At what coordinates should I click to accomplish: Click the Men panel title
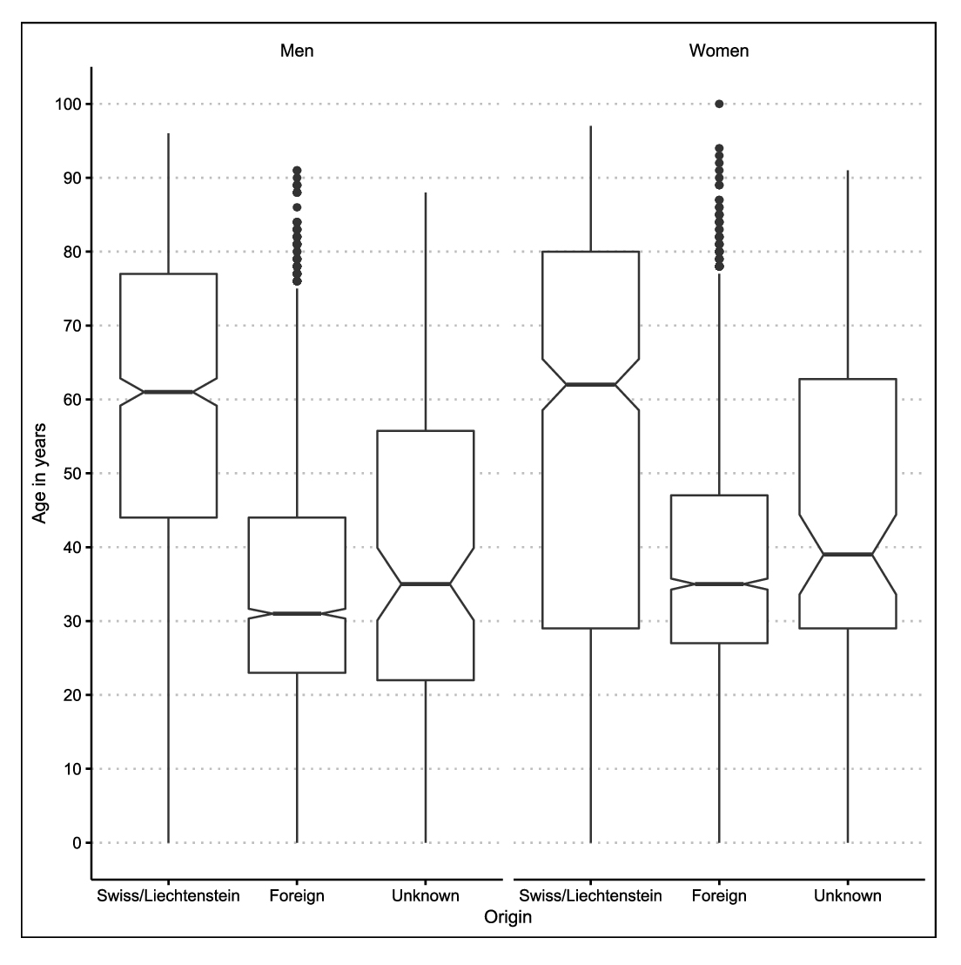click(297, 51)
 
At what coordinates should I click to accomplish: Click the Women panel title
click(719, 51)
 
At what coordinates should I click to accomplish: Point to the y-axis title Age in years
click(39, 473)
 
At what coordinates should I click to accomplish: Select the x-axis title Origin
click(508, 917)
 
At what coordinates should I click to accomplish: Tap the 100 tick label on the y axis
click(70, 105)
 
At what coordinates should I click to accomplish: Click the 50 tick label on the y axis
click(73, 474)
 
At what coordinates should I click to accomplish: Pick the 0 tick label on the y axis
click(77, 843)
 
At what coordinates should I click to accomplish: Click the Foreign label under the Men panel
click(297, 896)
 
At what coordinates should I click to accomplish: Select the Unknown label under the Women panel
click(848, 896)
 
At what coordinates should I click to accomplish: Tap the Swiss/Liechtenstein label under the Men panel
click(169, 896)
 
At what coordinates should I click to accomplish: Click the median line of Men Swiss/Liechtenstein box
click(169, 392)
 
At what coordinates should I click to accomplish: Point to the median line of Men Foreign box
click(297, 614)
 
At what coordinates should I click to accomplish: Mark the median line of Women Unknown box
click(848, 555)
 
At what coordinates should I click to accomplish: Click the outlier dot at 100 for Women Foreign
click(719, 105)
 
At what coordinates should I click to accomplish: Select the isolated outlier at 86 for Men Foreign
click(297, 207)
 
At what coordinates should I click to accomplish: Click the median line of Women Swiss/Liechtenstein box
click(591, 385)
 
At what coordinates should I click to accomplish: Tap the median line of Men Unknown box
click(426, 584)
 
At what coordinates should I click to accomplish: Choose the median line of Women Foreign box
click(719, 584)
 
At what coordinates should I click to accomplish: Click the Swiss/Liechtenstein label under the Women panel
click(591, 896)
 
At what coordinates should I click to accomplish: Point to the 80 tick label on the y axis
click(73, 252)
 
